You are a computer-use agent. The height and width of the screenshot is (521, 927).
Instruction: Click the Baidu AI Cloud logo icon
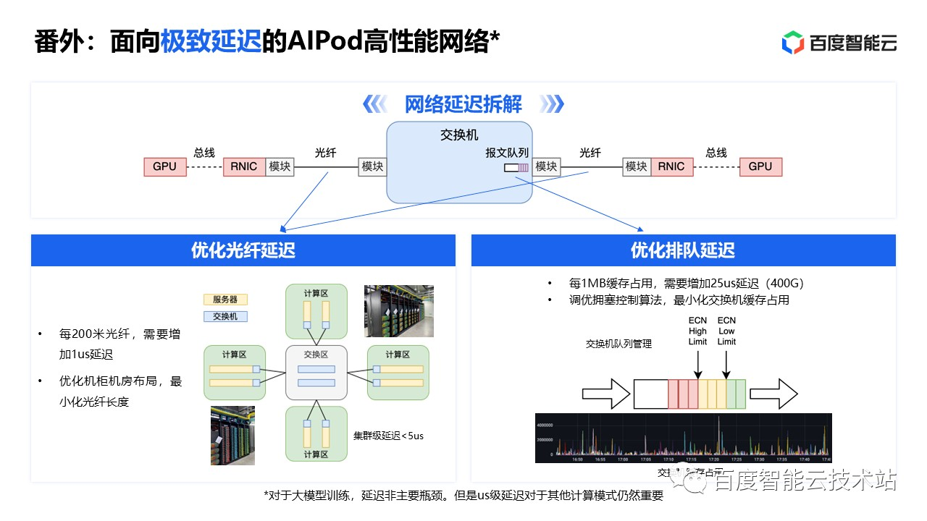coord(793,43)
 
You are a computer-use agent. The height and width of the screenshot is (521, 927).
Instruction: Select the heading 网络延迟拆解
coord(463,104)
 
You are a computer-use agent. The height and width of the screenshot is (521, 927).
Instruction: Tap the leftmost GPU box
coord(164,166)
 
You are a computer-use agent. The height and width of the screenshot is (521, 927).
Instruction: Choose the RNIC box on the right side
coord(671,166)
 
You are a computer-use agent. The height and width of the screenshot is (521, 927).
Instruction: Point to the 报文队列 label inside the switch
coord(507,153)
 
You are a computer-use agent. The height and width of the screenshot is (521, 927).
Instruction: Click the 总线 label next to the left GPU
coord(204,153)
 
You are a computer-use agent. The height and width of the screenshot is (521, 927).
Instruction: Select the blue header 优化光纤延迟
coord(243,250)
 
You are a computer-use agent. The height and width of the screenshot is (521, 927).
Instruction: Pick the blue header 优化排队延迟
coord(683,250)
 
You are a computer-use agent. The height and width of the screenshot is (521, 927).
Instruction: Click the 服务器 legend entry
coord(225,300)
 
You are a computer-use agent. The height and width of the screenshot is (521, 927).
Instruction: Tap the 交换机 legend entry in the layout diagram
coord(225,316)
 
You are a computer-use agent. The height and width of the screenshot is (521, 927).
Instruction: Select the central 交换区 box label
coord(316,355)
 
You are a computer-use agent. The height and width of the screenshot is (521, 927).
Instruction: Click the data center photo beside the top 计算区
coord(398,310)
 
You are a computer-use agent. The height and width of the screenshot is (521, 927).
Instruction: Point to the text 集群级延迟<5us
coord(388,436)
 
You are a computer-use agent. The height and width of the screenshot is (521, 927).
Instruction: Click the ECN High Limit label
coord(697,331)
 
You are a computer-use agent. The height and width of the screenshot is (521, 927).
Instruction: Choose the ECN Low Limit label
coord(726,331)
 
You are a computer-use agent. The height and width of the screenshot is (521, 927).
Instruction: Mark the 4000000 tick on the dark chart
coord(545,425)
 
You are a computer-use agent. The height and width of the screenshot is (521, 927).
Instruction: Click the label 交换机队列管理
coord(618,344)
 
